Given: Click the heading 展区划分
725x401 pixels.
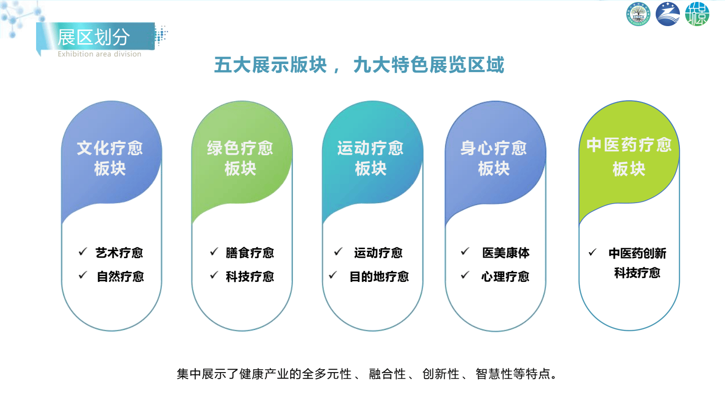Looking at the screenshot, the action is pos(94,37).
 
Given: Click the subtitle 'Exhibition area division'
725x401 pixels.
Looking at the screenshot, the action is pos(99,54).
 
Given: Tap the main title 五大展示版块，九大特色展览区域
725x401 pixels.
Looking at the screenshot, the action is pos(359,65).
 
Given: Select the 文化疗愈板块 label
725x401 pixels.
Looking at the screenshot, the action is pos(110,158).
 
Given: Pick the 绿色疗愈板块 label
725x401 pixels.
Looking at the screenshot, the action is pos(240,158).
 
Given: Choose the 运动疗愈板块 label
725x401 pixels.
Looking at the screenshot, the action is pos(371,158).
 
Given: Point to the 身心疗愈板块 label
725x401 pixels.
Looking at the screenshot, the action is pos(494,158).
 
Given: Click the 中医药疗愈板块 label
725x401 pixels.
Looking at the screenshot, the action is pos(629,157).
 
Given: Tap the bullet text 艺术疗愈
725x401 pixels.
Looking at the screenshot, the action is pos(119,253).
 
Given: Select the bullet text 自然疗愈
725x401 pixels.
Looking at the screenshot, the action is pos(121,277).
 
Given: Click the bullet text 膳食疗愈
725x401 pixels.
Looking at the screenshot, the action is pos(250,253).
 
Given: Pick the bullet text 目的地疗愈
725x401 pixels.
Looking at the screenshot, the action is pos(379,277).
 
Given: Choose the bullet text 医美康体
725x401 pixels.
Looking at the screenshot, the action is pos(506,253).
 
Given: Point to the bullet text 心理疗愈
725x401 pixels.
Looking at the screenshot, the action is pos(505,277).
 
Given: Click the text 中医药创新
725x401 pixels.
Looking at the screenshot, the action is pos(637,253).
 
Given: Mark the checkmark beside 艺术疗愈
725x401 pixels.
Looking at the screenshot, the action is pos(83,252).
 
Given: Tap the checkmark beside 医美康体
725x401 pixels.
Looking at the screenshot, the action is pos(465,251).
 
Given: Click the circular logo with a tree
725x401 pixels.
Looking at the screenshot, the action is pos(638,14).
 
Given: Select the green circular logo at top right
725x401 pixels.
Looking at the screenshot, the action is pos(697,14).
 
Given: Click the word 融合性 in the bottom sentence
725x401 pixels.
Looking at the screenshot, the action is pos(387,374).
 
